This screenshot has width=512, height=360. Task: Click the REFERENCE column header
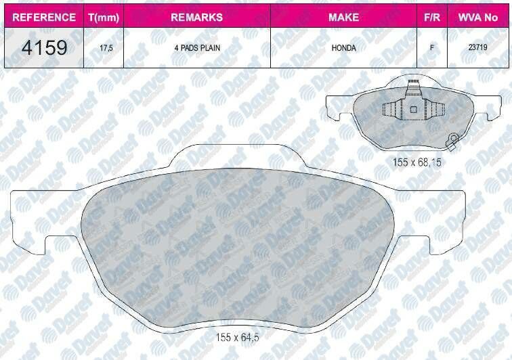point(44,17)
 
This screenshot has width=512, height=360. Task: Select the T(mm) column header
point(104,17)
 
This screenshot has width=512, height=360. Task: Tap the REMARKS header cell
point(197,17)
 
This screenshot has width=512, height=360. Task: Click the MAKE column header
point(343,17)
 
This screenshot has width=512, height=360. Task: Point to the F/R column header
point(432,17)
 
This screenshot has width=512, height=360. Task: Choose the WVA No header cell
point(478,17)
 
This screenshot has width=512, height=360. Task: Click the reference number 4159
point(44,47)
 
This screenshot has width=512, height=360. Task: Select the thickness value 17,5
point(106,48)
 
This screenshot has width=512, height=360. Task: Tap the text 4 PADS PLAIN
point(197,47)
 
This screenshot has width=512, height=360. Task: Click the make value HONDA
point(343,48)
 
